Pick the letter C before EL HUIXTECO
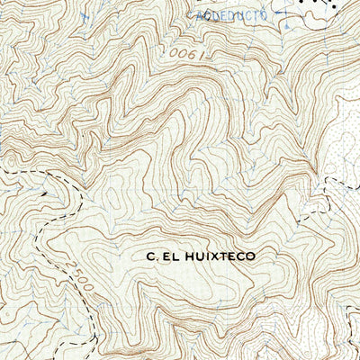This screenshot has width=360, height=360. tap(149, 256)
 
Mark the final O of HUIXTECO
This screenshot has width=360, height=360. tap(250, 256)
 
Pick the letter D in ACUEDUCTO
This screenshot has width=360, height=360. tap(221, 16)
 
